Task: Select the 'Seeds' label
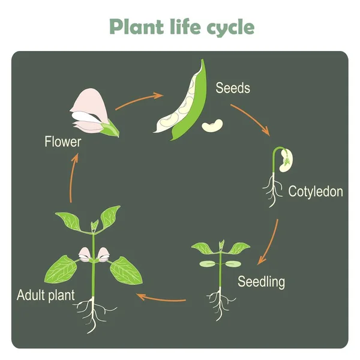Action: [233, 88]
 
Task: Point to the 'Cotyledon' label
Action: [316, 192]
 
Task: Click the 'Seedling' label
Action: [261, 281]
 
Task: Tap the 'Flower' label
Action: [62, 142]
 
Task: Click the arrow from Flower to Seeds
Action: [139, 100]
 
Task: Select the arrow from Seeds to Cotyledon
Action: [251, 119]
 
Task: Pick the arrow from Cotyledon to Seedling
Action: [269, 243]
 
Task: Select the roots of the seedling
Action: [219, 304]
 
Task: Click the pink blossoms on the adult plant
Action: [94, 254]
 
